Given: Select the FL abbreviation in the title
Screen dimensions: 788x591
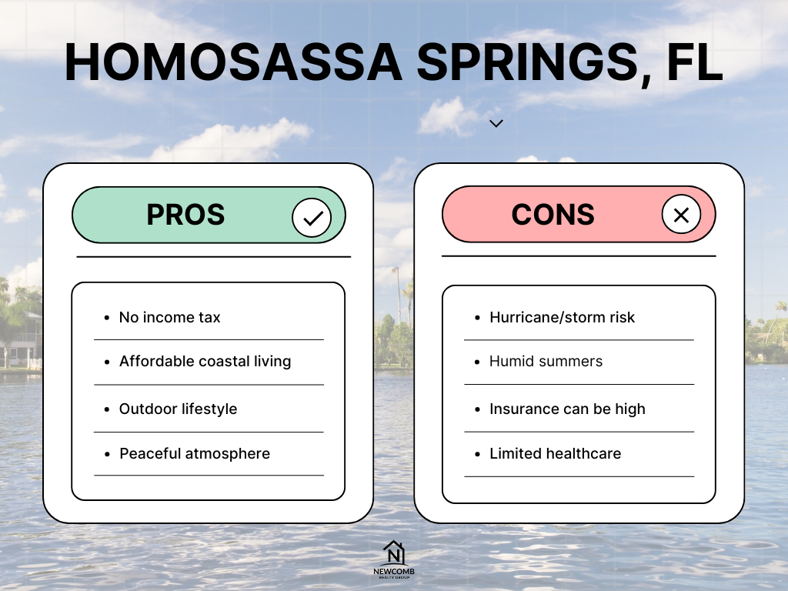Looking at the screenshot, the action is click(x=695, y=62).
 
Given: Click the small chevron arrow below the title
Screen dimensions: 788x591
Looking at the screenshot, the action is click(x=496, y=124).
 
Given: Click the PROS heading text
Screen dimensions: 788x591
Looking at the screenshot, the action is click(x=185, y=215).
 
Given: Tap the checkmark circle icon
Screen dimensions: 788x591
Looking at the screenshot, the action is click(x=312, y=218).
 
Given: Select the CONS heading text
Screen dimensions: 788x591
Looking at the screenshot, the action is click(x=553, y=215).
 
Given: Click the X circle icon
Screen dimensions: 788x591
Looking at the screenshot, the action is click(x=681, y=215).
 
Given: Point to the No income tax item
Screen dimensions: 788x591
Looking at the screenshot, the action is click(x=170, y=318).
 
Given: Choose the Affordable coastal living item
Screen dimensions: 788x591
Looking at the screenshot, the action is click(x=205, y=362).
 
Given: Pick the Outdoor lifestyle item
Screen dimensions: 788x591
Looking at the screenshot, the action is click(x=178, y=409).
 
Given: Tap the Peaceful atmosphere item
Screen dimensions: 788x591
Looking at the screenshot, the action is click(x=195, y=454).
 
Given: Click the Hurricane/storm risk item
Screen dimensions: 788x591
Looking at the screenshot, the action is click(x=563, y=318).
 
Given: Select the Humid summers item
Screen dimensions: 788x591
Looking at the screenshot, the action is click(x=546, y=362).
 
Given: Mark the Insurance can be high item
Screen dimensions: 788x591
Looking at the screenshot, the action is click(x=567, y=409).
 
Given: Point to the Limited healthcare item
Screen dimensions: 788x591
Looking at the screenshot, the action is click(x=556, y=454).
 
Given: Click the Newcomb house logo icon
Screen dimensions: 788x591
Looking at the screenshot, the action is click(x=393, y=553).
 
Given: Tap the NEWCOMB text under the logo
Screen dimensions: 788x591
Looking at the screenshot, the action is click(x=394, y=572).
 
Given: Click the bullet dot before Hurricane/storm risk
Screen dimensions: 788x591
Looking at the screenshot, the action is click(x=477, y=318).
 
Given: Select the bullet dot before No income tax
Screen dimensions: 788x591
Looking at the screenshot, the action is click(x=106, y=318).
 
